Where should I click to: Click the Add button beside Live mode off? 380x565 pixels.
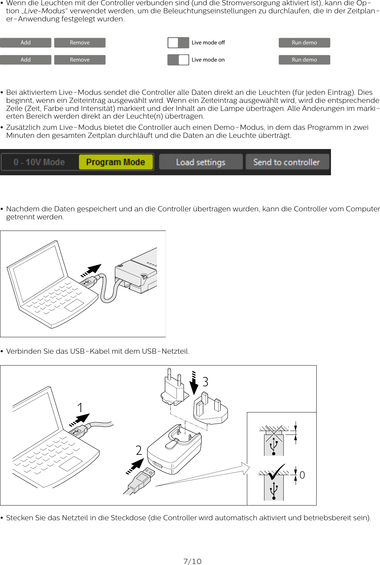pyautogui.click(x=26, y=43)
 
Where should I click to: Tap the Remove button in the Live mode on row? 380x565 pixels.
pyautogui.click(x=80, y=60)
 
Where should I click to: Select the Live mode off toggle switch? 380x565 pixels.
pyautogui.click(x=178, y=43)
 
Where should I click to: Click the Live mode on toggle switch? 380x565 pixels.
pyautogui.click(x=178, y=60)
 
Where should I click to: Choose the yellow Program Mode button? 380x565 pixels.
pyautogui.click(x=116, y=162)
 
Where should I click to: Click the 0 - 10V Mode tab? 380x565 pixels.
pyautogui.click(x=39, y=162)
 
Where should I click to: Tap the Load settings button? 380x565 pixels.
pyautogui.click(x=201, y=162)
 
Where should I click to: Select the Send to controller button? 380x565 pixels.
pyautogui.click(x=286, y=162)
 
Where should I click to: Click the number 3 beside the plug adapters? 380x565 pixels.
pyautogui.click(x=205, y=382)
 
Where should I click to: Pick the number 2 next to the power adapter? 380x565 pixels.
pyautogui.click(x=139, y=451)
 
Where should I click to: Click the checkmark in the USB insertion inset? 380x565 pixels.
pyautogui.click(x=276, y=472)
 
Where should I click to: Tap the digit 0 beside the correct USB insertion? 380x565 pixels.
pyautogui.click(x=302, y=475)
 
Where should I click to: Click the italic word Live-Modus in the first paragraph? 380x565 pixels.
pyautogui.click(x=44, y=11)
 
